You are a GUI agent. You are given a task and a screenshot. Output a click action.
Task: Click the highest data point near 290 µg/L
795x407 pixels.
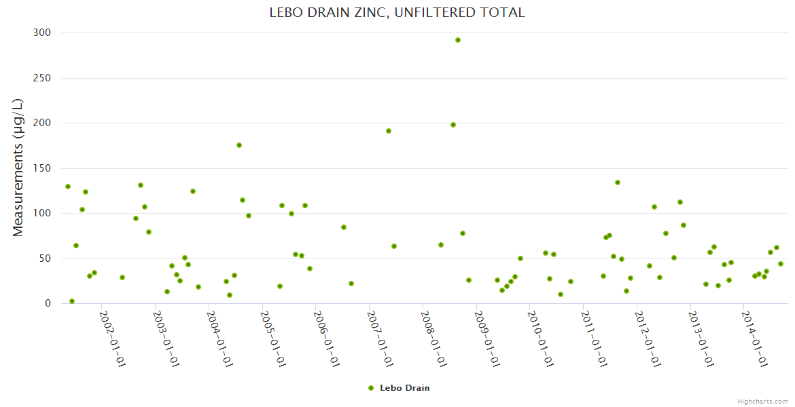click(x=458, y=40)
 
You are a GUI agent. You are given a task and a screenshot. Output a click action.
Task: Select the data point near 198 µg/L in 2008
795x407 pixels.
click(x=453, y=125)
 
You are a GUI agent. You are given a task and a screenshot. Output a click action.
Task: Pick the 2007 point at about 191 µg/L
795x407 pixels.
click(x=389, y=131)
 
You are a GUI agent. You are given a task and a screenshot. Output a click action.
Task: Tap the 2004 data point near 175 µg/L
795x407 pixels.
click(x=239, y=145)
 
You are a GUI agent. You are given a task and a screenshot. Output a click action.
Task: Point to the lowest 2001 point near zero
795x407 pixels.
click(x=72, y=301)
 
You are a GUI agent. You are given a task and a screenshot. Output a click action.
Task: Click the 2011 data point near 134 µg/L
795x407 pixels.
click(x=618, y=182)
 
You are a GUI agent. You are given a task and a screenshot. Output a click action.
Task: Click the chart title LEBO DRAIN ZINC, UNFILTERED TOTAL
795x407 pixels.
click(x=397, y=12)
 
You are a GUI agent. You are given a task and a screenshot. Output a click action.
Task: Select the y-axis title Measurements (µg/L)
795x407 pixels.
click(x=18, y=168)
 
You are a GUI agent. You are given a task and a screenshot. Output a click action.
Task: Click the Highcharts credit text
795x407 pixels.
click(x=763, y=401)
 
